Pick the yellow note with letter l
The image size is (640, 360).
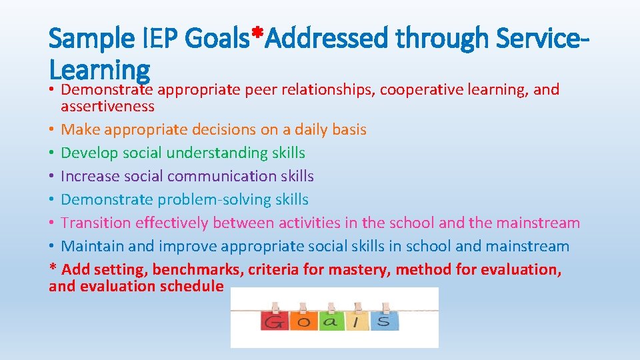pyautogui.click(x=357, y=321)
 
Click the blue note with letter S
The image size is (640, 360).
pyautogui.click(x=385, y=321)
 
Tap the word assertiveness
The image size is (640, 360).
pyautogui.click(x=107, y=106)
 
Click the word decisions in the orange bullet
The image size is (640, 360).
pyautogui.click(x=239, y=129)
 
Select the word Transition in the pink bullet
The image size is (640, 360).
pyautogui.click(x=95, y=223)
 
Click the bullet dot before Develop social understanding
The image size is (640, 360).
pyautogui.click(x=53, y=153)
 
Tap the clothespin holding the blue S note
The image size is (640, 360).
pyautogui.click(x=385, y=307)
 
